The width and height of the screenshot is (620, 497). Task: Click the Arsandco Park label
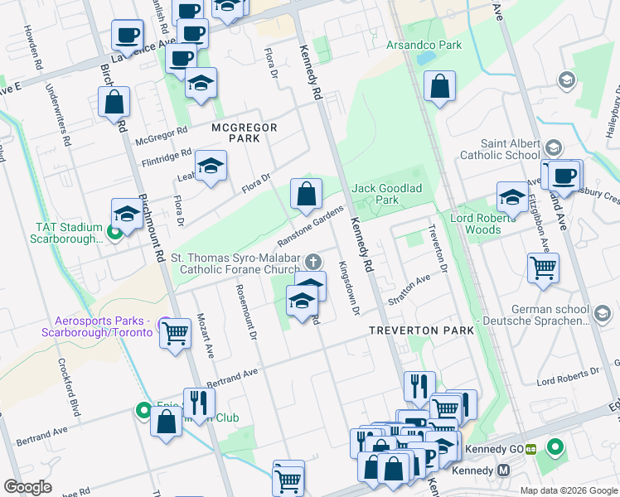[x=424, y=45]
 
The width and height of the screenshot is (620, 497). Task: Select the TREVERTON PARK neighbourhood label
[x=422, y=330]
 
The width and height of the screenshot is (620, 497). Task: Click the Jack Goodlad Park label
[x=386, y=194]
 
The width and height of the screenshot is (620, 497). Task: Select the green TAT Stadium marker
[x=115, y=231]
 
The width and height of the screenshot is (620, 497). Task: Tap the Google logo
[x=28, y=487]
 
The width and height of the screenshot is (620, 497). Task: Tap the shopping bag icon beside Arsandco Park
[x=439, y=85]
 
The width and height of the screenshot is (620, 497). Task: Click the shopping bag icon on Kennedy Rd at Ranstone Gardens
[x=306, y=195]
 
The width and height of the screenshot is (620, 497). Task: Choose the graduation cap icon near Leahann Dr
[x=211, y=165]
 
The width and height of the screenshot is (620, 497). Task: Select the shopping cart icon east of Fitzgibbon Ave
[x=543, y=268]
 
